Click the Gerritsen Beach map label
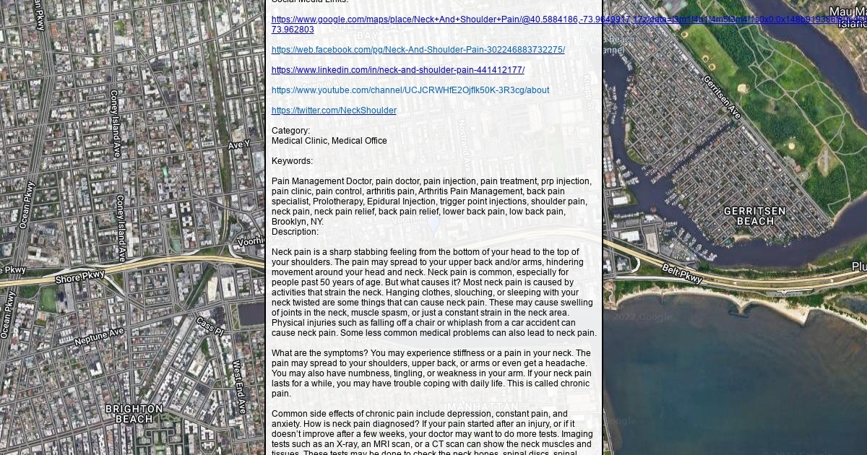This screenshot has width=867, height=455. (x=754, y=216)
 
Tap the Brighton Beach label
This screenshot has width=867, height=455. (x=134, y=414)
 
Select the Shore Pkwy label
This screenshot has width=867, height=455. (x=80, y=277)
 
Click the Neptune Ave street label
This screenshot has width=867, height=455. (x=99, y=336)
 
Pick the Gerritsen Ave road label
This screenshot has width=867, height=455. (x=721, y=97)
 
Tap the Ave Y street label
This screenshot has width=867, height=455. (x=238, y=145)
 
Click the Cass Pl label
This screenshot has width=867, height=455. (x=210, y=326)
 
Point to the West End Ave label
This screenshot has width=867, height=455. (x=238, y=386)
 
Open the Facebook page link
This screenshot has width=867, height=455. (x=418, y=50)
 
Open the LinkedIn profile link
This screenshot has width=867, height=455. (x=397, y=70)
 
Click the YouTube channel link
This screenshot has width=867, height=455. (x=410, y=90)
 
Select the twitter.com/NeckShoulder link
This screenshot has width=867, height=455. (x=334, y=110)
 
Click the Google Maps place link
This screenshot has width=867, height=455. (x=433, y=19)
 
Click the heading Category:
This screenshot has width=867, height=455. (x=290, y=131)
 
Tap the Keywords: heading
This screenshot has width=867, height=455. (x=292, y=161)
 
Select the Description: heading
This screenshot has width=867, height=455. (x=295, y=232)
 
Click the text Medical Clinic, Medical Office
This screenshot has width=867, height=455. (x=329, y=141)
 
